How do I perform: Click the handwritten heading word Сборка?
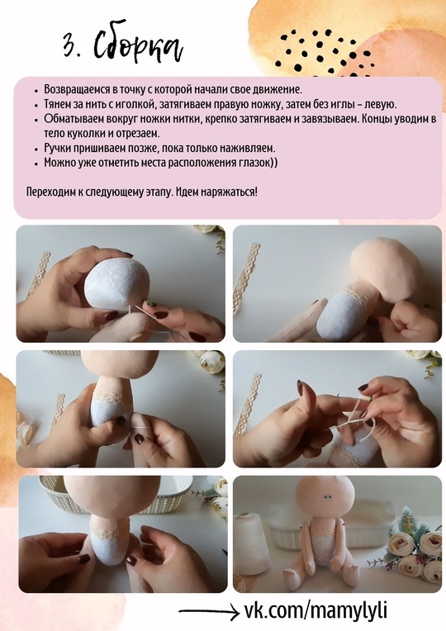(x=138, y=45)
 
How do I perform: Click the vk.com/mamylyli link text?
(x=316, y=610)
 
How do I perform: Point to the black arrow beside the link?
(x=209, y=612)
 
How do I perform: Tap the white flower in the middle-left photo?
(x=211, y=363)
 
